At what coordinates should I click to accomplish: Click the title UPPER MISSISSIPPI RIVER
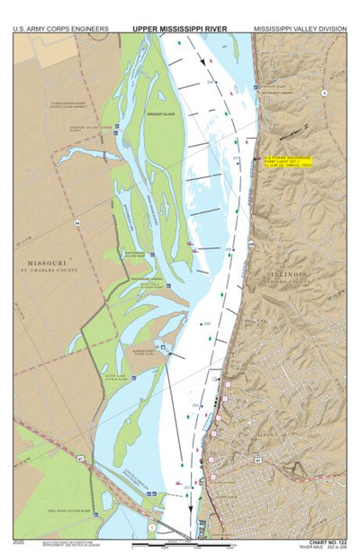(180, 29)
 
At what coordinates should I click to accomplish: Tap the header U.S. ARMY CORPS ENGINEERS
(60, 29)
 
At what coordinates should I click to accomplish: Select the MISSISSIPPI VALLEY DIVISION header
(300, 29)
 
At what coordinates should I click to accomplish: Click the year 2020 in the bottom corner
(20, 542)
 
